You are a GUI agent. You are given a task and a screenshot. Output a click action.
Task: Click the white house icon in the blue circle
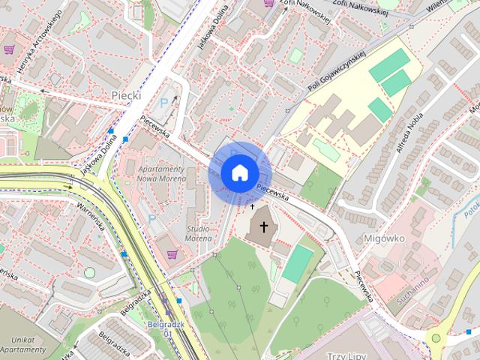point(239,172)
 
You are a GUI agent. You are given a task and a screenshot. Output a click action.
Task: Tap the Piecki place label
point(126,95)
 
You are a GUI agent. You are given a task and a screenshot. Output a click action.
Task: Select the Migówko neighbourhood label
point(404,237)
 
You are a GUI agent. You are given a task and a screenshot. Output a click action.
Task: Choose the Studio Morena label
point(198,232)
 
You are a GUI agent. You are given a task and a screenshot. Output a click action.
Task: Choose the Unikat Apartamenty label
point(22,343)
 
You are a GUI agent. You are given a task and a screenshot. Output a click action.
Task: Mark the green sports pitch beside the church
point(298,263)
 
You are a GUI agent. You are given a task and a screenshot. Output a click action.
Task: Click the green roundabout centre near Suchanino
point(436,338)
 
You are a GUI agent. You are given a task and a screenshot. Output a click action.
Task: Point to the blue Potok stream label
point(470,203)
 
